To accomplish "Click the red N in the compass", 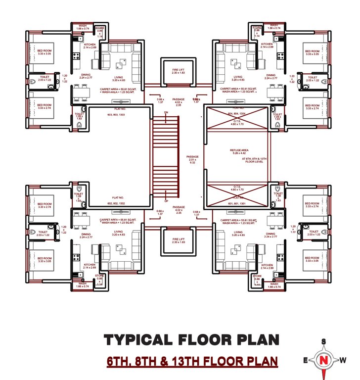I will (x=323, y=360).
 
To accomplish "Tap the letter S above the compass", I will (x=323, y=341).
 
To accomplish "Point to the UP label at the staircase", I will (x=166, y=201).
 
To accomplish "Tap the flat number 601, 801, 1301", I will (x=237, y=203).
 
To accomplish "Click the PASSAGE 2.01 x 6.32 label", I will (x=192, y=159).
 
